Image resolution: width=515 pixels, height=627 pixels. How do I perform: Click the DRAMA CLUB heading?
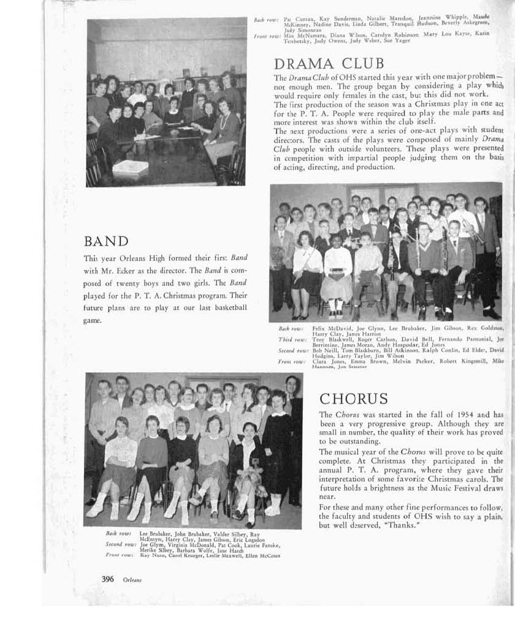click(x=329, y=64)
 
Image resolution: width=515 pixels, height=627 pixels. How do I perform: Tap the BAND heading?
click(x=106, y=241)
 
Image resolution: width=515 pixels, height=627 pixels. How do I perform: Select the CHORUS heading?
click(x=353, y=399)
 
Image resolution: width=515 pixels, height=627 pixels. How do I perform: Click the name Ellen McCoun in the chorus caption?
click(x=262, y=556)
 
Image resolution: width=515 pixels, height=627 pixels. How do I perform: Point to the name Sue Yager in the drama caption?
click(x=399, y=40)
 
